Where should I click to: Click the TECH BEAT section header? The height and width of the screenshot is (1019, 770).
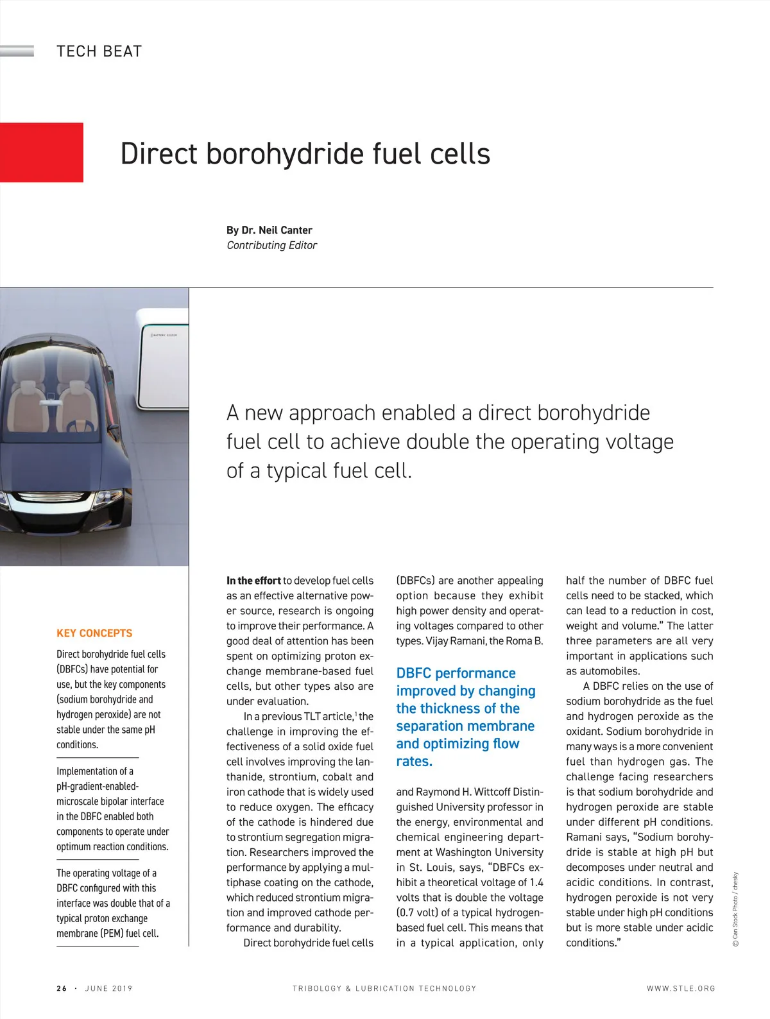tap(99, 51)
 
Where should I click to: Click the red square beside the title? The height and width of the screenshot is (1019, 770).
tap(41, 152)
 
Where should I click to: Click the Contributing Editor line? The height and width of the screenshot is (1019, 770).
tap(271, 245)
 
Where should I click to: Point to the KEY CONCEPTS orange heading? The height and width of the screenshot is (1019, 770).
tap(94, 633)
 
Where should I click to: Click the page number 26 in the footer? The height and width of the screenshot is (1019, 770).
tap(62, 988)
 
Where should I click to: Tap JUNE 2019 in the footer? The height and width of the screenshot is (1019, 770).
tap(108, 988)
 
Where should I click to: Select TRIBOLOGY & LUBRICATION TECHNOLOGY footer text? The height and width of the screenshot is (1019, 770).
tap(384, 988)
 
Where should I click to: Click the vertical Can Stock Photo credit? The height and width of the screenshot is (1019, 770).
tap(735, 909)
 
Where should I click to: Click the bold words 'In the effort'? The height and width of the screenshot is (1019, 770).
tap(253, 581)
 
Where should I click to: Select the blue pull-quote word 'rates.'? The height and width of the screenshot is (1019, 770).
tap(415, 762)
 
